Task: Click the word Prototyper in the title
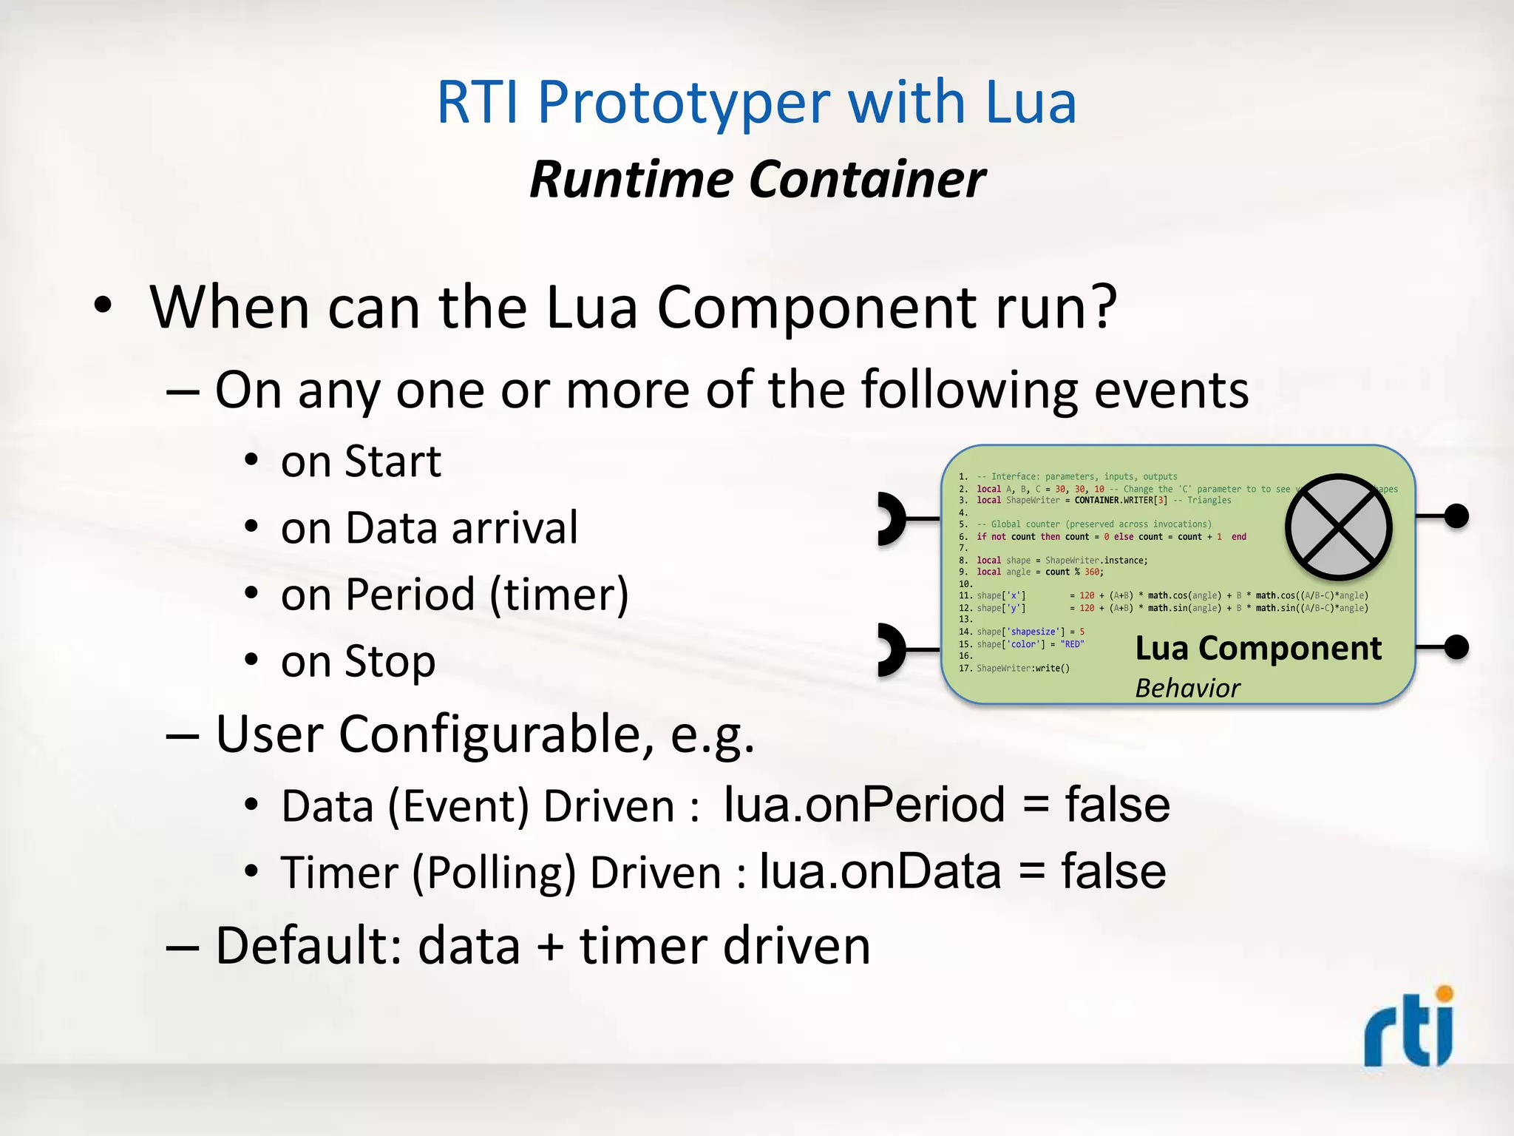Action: pyautogui.click(x=684, y=104)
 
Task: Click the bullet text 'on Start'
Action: pyautogui.click(x=361, y=461)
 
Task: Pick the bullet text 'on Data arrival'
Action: pyautogui.click(x=429, y=528)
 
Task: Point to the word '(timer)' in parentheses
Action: pyautogui.click(x=559, y=595)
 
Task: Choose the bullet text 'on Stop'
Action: pyautogui.click(x=358, y=661)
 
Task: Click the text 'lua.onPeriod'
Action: pyautogui.click(x=863, y=805)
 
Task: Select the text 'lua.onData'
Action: pyautogui.click(x=880, y=871)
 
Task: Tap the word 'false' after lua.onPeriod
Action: pyautogui.click(x=1116, y=805)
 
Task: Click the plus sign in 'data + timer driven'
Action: pyautogui.click(x=550, y=947)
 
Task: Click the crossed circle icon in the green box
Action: pyautogui.click(x=1338, y=527)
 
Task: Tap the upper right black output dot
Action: pyautogui.click(x=1456, y=516)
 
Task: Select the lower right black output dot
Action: pyautogui.click(x=1456, y=647)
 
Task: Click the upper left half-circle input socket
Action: pyautogui.click(x=892, y=519)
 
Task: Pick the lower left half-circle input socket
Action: pyautogui.click(x=892, y=650)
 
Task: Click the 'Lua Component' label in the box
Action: pyautogui.click(x=1257, y=649)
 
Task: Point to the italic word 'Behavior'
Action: pyautogui.click(x=1187, y=689)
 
